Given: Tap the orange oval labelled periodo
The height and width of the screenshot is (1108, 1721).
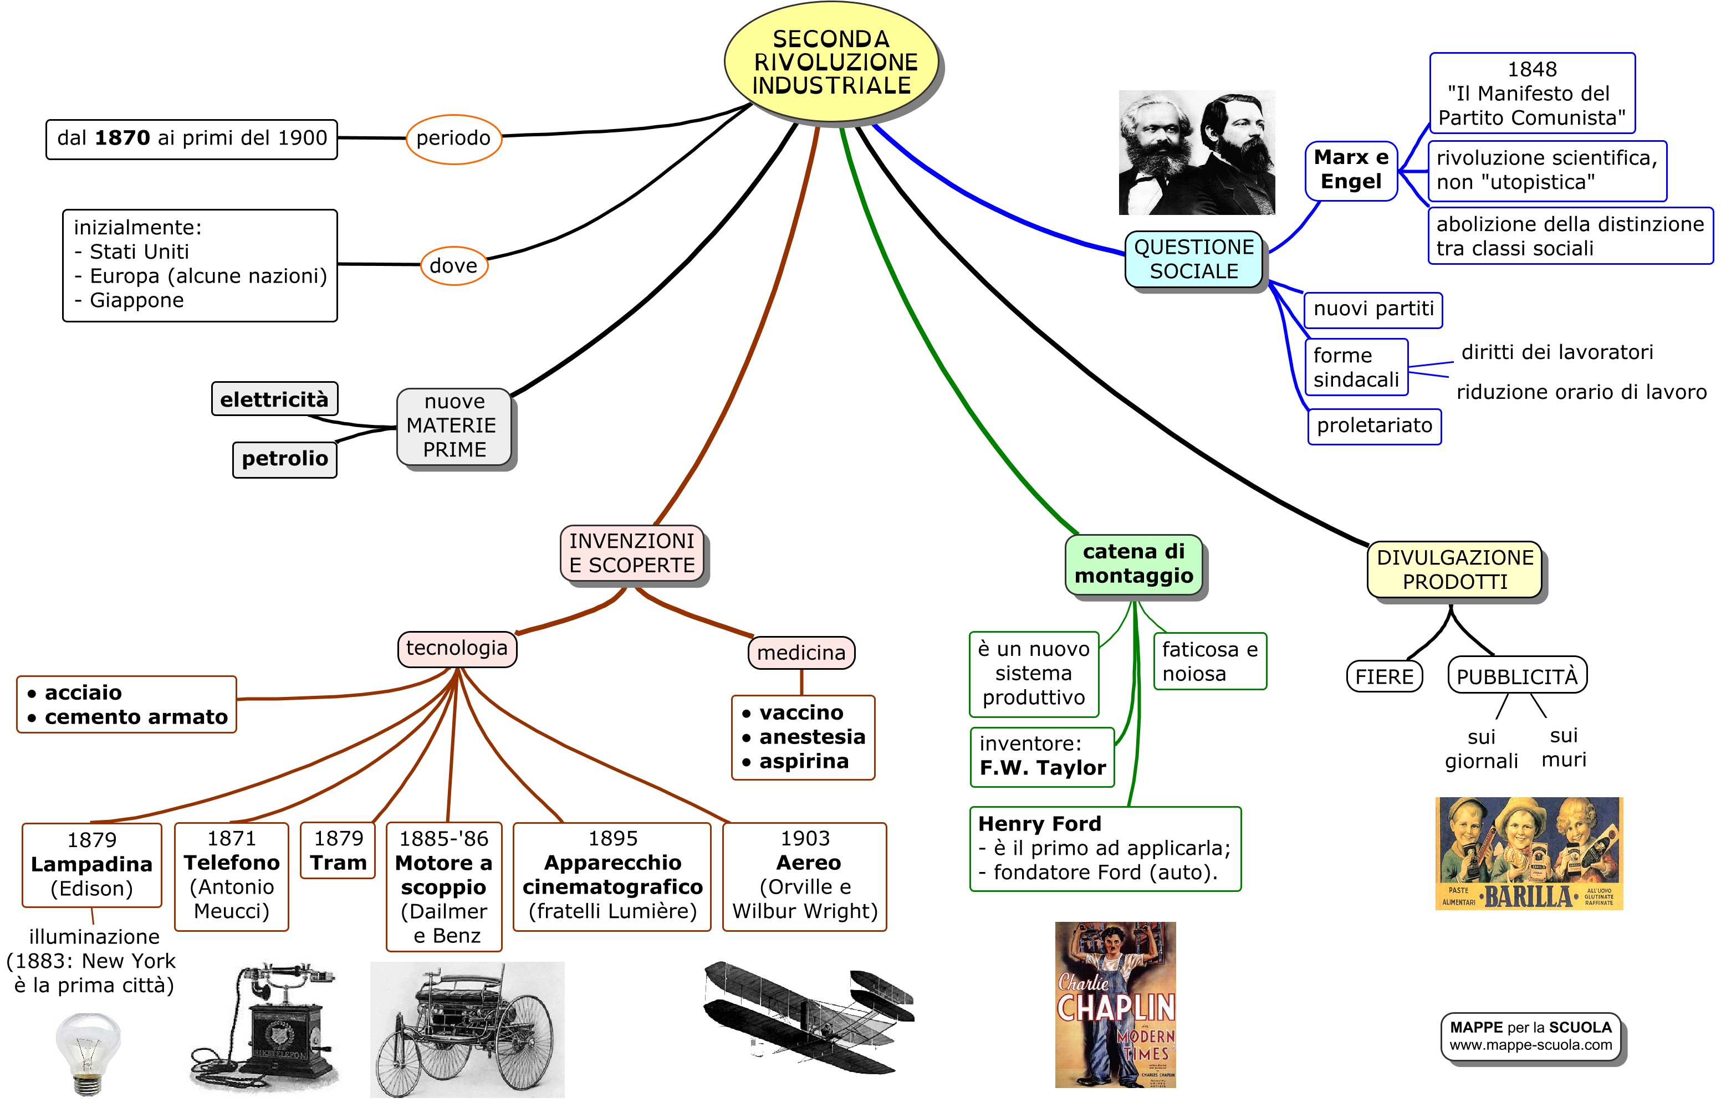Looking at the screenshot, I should pyautogui.click(x=453, y=138).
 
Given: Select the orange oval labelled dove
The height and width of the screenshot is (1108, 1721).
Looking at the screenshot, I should pyautogui.click(x=453, y=265).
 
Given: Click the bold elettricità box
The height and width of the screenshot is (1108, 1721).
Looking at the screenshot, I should pyautogui.click(x=274, y=399).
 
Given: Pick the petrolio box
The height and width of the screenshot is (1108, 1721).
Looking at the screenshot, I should pyautogui.click(x=284, y=459).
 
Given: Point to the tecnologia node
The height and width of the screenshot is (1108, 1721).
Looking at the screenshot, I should pyautogui.click(x=456, y=648).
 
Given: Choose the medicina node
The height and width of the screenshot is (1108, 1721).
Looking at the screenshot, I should pyautogui.click(x=801, y=653).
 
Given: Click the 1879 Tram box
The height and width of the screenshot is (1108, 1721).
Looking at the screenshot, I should pyautogui.click(x=338, y=850).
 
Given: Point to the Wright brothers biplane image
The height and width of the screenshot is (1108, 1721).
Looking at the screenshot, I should pyautogui.click(x=808, y=1014).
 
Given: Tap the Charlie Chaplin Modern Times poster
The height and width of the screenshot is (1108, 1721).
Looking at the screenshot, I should pyautogui.click(x=1115, y=1004).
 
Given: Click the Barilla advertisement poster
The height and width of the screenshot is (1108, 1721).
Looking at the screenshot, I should pyautogui.click(x=1529, y=853).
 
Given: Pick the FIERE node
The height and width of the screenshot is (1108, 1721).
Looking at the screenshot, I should pyautogui.click(x=1384, y=676).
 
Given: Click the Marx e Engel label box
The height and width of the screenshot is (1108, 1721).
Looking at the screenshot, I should pyautogui.click(x=1351, y=170).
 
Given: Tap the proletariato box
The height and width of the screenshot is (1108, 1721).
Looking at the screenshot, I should pyautogui.click(x=1374, y=426).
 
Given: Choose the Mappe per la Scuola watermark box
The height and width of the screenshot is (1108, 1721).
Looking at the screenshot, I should pyautogui.click(x=1530, y=1036).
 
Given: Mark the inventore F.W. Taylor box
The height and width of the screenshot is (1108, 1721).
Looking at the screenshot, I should pyautogui.click(x=1041, y=756).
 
